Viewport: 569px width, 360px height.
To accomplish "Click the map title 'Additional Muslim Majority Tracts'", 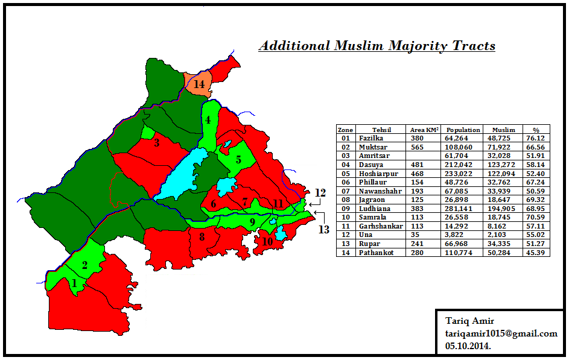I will pos(377,46).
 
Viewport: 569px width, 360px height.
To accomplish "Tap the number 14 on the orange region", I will pos(199,84).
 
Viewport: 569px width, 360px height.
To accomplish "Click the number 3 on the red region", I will pos(156,143).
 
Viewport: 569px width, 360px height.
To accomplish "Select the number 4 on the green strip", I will pos(208,120).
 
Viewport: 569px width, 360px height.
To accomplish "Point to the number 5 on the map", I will pos(238,160).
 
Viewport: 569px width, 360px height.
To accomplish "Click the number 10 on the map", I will pos(267,241).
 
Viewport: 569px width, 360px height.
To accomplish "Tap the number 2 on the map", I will pos(85,265).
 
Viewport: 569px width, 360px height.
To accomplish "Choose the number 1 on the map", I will pos(74,283).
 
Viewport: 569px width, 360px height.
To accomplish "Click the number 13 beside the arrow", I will pos(324,229).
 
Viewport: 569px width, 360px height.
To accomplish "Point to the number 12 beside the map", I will pos(320,193).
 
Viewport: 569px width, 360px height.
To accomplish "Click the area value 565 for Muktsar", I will pos(418,147).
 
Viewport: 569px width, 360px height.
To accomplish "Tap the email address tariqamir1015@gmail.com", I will pos(501,333).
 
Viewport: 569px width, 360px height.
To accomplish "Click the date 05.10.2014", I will pos(468,346).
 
